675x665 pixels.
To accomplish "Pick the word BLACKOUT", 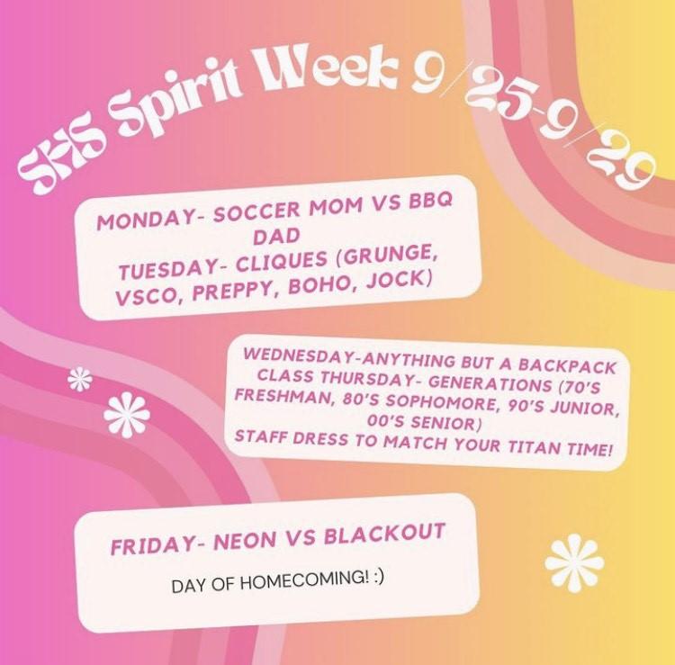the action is click(x=384, y=534).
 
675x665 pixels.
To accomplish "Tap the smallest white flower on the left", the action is click(x=80, y=379).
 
